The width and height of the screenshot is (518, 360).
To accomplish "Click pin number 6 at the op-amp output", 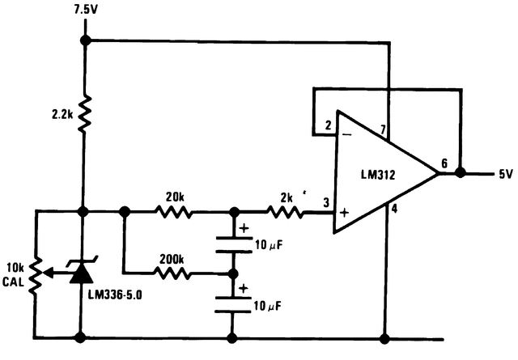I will [x=444, y=163].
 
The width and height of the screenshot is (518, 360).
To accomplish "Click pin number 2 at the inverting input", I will [x=329, y=125].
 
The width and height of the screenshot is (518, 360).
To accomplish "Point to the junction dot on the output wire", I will [x=461, y=172].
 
